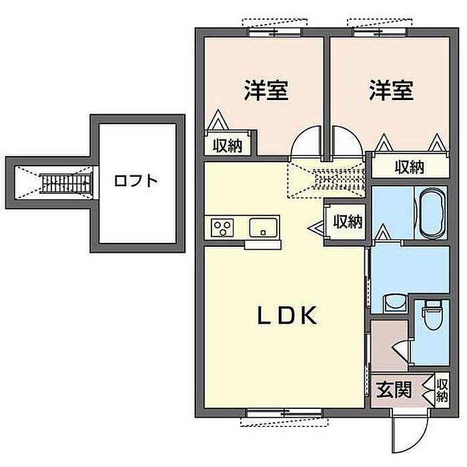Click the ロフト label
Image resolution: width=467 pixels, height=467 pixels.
tap(136, 181)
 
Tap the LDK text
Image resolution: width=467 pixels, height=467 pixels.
tap(287, 316)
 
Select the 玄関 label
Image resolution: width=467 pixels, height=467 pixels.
tap(394, 390)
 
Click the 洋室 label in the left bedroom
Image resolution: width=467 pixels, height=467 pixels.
tap(266, 90)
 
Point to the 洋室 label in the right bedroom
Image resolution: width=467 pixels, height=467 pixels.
tap(391, 90)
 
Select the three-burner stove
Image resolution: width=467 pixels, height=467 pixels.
tap(222, 228)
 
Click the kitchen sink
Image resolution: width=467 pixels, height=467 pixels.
tap(264, 228)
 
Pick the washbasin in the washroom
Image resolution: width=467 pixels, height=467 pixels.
tap(395, 303)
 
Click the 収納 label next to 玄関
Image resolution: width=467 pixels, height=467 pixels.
tap(442, 390)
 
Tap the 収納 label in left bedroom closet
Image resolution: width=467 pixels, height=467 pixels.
tap(227, 145)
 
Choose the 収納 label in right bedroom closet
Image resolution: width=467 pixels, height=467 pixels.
tap(409, 167)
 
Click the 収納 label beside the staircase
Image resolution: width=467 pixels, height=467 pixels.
tap(348, 221)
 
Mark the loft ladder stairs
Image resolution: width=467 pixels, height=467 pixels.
tap(65, 183)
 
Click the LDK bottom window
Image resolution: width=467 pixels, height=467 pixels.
tap(284, 413)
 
